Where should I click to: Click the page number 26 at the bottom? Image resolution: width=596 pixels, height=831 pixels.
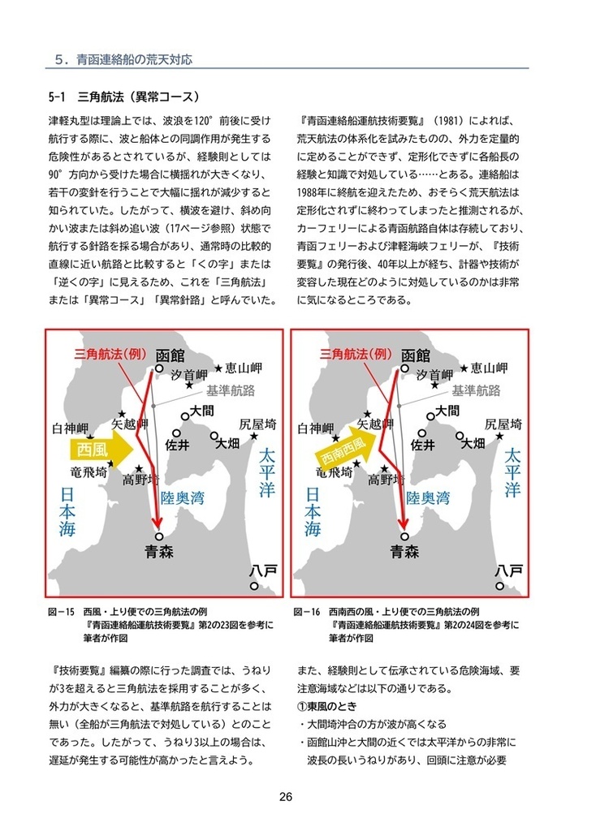(285, 796)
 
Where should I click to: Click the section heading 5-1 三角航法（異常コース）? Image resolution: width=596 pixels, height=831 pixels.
(123, 95)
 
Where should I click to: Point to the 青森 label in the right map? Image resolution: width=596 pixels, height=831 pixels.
(405, 552)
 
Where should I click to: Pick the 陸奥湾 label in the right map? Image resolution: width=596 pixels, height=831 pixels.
(429, 497)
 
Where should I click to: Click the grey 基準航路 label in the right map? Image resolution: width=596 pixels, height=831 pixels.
(476, 391)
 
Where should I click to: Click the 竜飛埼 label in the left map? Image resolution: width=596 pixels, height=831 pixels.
(90, 471)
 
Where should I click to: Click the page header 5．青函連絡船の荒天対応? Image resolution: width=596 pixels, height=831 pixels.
(123, 60)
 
